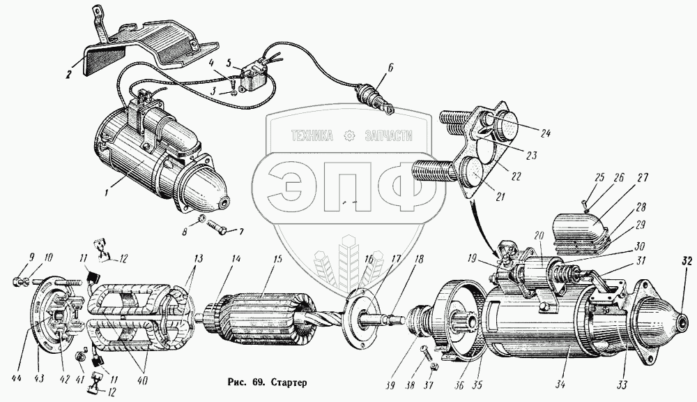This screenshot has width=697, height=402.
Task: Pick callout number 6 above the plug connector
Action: tap(391, 68)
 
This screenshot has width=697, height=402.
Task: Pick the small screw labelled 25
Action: tap(586, 204)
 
